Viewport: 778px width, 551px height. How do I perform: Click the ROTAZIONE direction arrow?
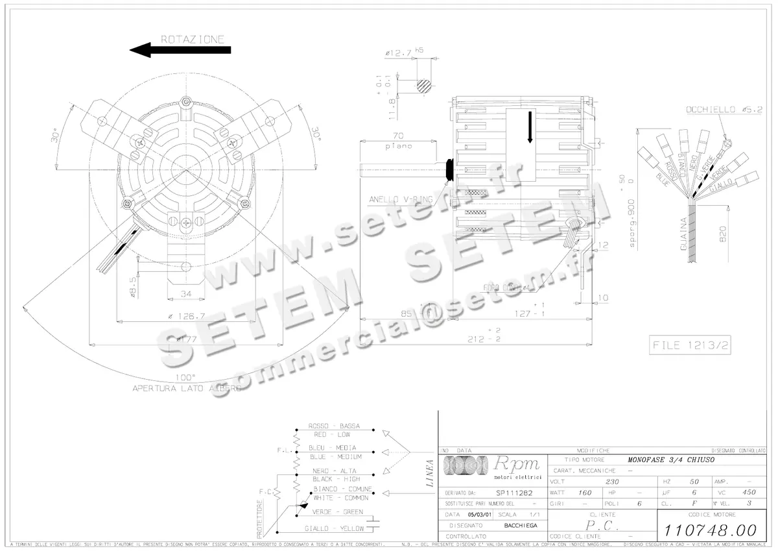coord(180,51)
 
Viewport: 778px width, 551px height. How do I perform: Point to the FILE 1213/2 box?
coord(689,345)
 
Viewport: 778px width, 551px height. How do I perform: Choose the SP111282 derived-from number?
coord(510,493)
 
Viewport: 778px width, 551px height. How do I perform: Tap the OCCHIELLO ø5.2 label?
coord(720,110)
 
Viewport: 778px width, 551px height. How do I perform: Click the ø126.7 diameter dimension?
coord(186,317)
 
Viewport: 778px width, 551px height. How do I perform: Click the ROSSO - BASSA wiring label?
coord(335,427)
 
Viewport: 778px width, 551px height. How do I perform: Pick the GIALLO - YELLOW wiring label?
coord(335,528)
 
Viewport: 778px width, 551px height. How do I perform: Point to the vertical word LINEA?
coord(429,473)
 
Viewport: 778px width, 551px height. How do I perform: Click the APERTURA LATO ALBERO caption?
coord(187,388)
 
